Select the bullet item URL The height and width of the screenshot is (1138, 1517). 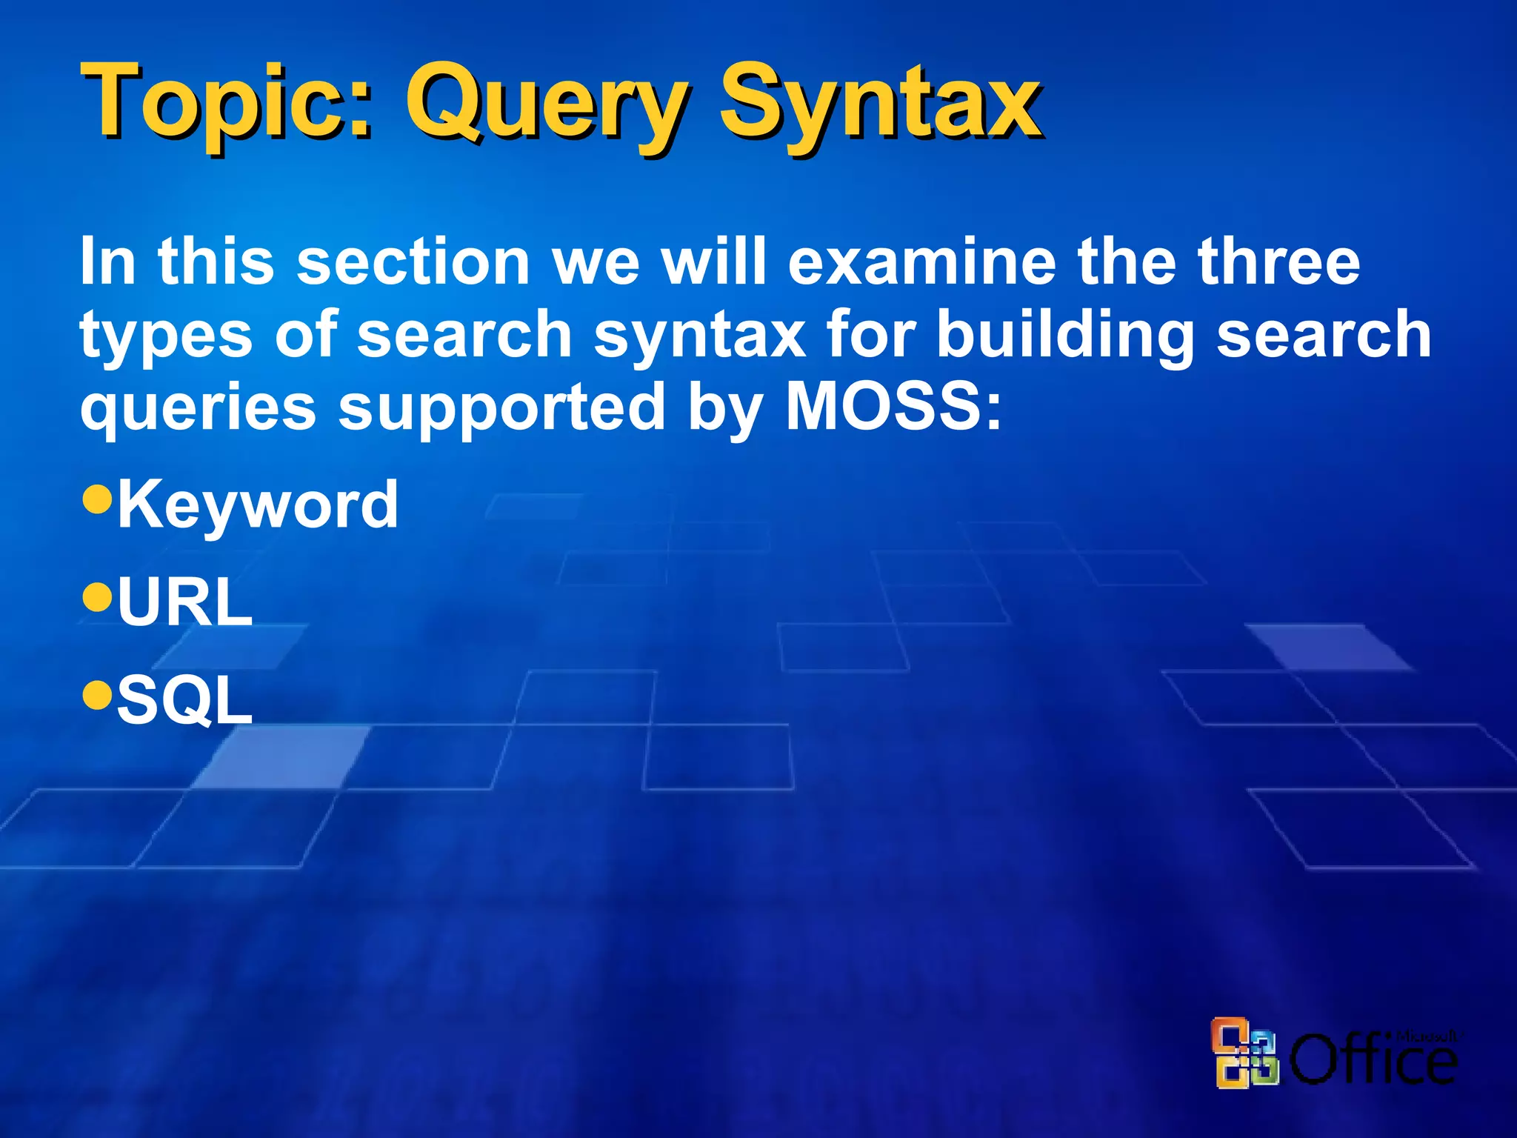[185, 602]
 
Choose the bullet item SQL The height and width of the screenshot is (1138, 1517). [185, 700]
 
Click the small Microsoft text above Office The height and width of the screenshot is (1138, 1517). [1427, 1035]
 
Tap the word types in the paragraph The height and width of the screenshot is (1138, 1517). [167, 335]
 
